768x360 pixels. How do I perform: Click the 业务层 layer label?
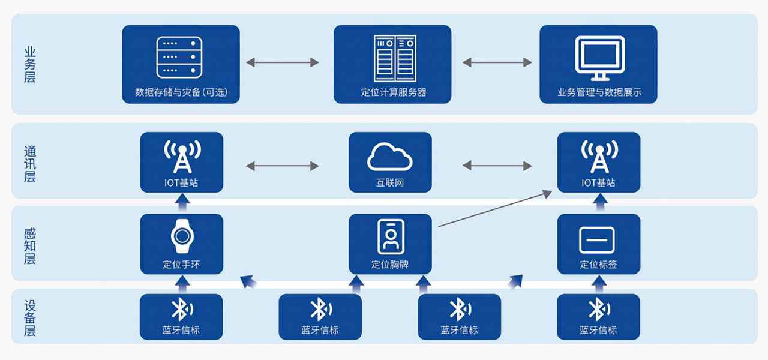29,64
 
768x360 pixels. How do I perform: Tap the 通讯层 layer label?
29,163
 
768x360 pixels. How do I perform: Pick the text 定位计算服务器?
393,92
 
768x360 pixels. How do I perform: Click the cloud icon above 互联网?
390,157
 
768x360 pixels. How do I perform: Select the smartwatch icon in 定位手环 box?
181,238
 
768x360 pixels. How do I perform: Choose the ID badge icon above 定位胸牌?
391,236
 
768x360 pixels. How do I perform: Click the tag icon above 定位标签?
597,240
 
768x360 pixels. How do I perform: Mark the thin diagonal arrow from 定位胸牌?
494,209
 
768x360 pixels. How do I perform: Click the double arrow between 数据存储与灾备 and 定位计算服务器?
282,62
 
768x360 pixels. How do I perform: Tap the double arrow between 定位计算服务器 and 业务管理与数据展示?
497,62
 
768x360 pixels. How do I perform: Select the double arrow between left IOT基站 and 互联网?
282,166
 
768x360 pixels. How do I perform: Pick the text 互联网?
390,182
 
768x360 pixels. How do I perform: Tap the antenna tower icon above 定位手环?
182,157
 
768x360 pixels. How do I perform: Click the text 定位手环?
181,264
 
